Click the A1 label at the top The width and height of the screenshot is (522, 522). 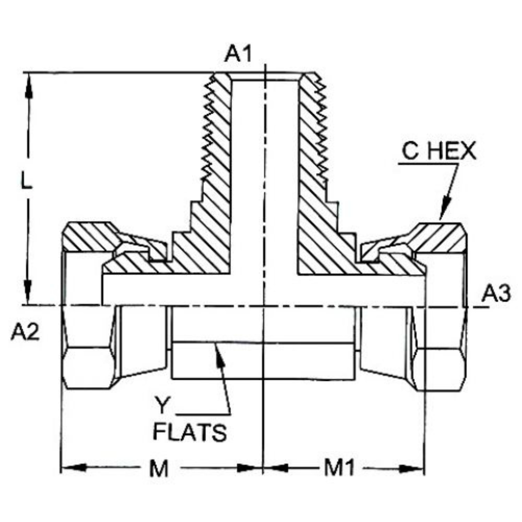[x=238, y=54]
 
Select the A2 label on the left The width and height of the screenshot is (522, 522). [x=25, y=333]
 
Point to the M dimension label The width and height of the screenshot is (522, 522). [x=158, y=468]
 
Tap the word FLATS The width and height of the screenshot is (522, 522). [x=189, y=433]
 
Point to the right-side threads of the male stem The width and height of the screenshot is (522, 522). [x=319, y=130]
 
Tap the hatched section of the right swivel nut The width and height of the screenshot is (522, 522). [x=440, y=237]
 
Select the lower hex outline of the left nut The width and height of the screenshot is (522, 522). [x=87, y=367]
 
